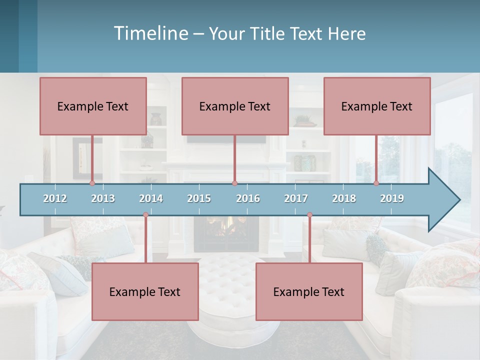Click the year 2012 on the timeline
tap(55, 198)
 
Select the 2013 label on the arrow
tap(103, 198)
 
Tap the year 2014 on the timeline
tap(151, 198)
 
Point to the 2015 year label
tap(199, 198)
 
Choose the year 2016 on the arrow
tap(248, 198)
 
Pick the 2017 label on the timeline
tap(296, 198)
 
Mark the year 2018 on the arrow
tap(344, 198)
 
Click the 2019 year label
tap(392, 198)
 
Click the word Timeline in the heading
tap(150, 33)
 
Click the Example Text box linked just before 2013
tap(93, 106)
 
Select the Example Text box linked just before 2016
tap(235, 106)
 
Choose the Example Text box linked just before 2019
tap(377, 106)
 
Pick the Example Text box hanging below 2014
tap(145, 291)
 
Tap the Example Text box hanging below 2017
tap(309, 291)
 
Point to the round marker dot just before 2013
tap(92, 183)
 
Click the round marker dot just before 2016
tap(235, 183)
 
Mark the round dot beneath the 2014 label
tap(145, 215)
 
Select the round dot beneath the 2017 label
tap(309, 215)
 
